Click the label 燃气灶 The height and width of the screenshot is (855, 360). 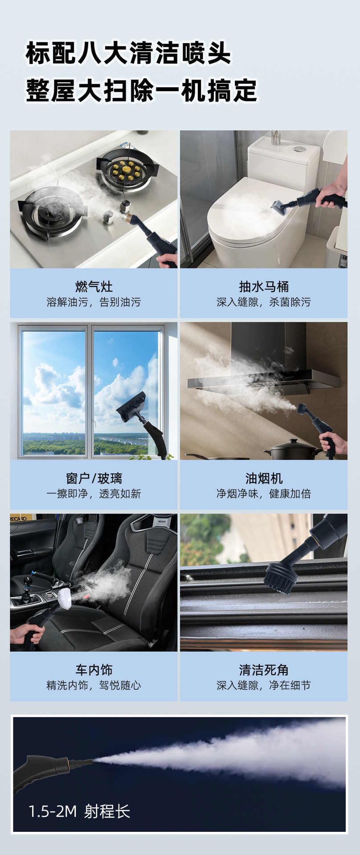point(94,286)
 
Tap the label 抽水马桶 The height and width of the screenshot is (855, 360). point(264,286)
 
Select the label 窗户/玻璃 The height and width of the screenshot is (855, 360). point(94,478)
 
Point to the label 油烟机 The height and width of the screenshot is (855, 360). point(264,478)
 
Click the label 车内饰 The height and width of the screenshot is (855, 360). point(94,670)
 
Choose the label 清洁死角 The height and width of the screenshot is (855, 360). point(264,670)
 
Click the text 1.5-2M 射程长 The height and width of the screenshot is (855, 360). point(79,811)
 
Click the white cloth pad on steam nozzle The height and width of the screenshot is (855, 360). point(65,598)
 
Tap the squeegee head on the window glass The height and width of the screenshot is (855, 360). point(131,406)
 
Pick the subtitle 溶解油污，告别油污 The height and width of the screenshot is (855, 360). point(94,302)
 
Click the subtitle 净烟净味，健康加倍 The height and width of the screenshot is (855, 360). point(264,494)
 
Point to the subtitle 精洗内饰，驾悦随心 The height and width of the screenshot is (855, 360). point(94,685)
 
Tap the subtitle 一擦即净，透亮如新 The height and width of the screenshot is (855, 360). point(94,494)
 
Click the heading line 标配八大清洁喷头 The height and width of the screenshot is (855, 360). point(128,53)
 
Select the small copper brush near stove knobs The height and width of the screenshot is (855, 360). point(129,218)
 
